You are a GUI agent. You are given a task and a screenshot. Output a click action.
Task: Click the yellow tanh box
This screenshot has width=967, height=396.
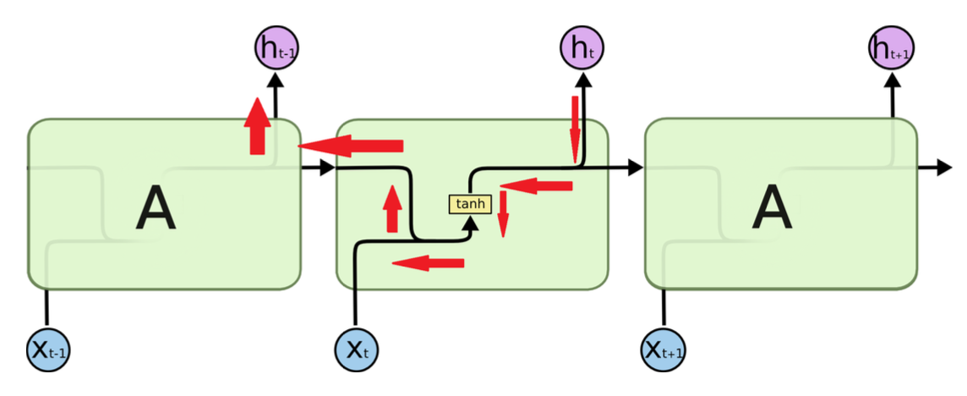[469, 204]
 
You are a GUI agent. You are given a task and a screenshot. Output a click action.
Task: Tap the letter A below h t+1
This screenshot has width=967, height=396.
[773, 209]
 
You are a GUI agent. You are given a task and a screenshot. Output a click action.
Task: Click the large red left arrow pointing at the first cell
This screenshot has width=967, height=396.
[351, 146]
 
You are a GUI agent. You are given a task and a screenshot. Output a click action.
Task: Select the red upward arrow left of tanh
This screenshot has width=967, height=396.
[391, 209]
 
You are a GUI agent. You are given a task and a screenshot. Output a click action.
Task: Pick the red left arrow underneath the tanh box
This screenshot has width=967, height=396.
[429, 263]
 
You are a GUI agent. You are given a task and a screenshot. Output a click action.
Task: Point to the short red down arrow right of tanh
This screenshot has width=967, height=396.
[503, 214]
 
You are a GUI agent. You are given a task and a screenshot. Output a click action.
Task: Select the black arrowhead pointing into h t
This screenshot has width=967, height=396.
[582, 79]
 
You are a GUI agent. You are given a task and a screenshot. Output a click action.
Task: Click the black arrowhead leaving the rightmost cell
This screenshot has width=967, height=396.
[944, 168]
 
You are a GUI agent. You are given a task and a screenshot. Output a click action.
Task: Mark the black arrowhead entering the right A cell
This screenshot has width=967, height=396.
[635, 168]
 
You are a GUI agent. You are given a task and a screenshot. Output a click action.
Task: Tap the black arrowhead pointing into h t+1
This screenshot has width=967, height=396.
[891, 79]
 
